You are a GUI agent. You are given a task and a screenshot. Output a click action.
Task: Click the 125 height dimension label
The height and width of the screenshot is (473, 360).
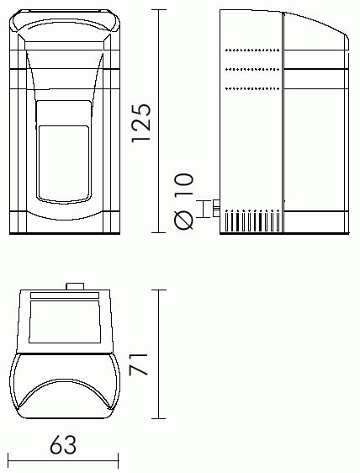pos(140,123)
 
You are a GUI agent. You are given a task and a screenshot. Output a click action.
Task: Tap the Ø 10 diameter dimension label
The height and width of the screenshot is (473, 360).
pos(183,201)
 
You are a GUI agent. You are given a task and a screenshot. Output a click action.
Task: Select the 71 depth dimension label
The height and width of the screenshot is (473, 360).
pos(139,364)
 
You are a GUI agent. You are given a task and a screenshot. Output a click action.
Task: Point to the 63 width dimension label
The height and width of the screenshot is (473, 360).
pos(63,444)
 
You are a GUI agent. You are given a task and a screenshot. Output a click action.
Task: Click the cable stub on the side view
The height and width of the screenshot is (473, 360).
pos(216,208)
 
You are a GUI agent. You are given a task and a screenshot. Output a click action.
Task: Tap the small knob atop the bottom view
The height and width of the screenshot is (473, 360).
pos(75,286)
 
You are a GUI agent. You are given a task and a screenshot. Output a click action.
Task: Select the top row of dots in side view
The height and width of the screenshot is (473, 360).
pos(252,50)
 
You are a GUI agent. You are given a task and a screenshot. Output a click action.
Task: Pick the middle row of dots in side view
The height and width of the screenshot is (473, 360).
pos(252,69)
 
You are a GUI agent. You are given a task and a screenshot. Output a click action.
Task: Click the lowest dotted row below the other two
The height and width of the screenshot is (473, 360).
pos(252,88)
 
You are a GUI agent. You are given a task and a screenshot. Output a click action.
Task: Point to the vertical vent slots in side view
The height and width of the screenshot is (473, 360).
pos(252,221)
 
